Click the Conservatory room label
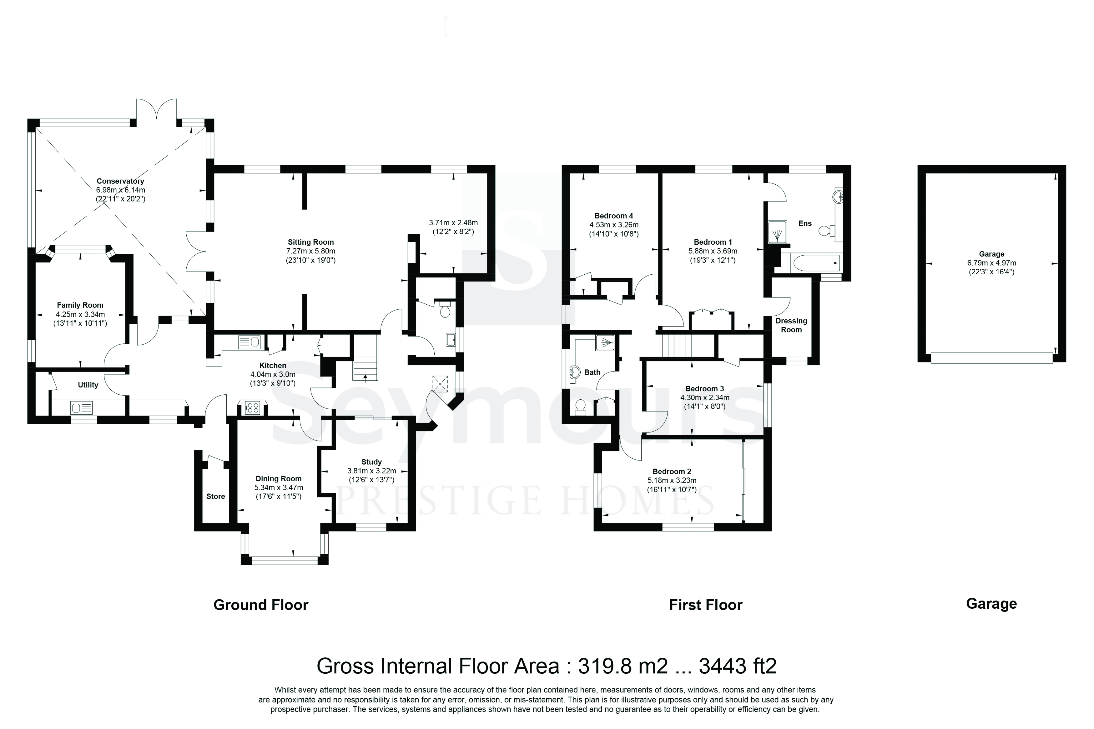(x=120, y=181)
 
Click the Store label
(x=215, y=497)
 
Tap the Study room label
(x=371, y=462)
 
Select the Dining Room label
(x=278, y=479)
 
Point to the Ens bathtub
(x=811, y=263)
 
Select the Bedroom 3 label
(x=705, y=389)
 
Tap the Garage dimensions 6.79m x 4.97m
(x=992, y=263)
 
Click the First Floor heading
(x=706, y=605)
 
